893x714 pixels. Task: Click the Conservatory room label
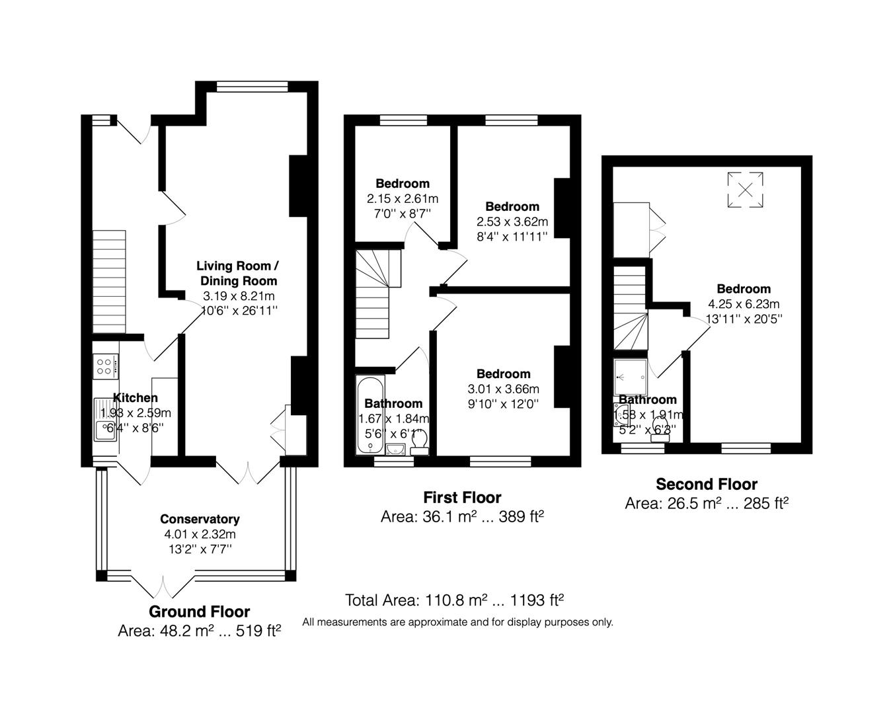click(200, 519)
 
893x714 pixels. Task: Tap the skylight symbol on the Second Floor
click(746, 190)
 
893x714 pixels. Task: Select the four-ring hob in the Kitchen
click(105, 366)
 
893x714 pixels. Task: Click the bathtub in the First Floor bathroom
click(370, 415)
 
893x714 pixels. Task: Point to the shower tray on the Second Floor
click(631, 377)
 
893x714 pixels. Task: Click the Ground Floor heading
click(199, 612)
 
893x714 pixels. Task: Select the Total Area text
click(454, 600)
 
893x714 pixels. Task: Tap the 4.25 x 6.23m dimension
click(744, 304)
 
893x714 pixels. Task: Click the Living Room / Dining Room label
click(238, 273)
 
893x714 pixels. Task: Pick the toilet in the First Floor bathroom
click(419, 442)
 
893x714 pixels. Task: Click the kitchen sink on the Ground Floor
click(105, 419)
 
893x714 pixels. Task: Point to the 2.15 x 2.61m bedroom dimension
click(403, 198)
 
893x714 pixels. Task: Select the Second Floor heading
click(706, 484)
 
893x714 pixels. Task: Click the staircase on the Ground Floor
click(108, 282)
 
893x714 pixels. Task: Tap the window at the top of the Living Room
click(252, 86)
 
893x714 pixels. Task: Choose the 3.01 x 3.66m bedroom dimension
click(504, 389)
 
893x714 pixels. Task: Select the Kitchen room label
click(136, 397)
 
